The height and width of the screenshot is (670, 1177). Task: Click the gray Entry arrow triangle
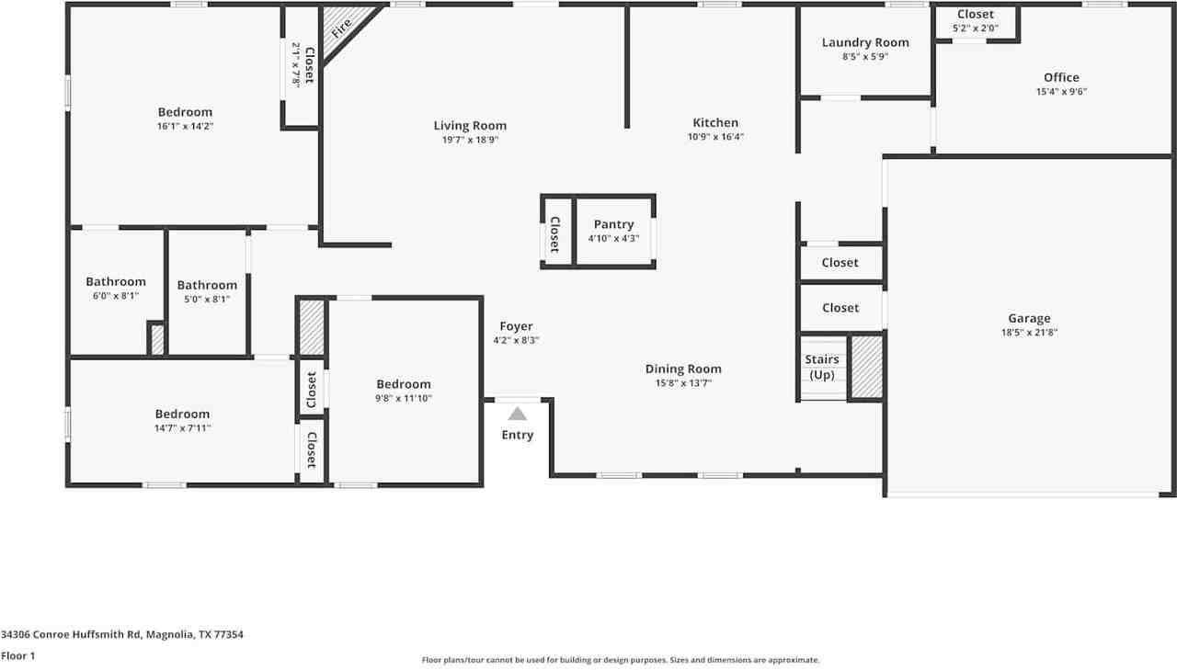pos(518,414)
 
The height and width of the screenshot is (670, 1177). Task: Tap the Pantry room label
pos(613,224)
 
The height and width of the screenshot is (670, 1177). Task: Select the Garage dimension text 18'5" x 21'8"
pos(1029,333)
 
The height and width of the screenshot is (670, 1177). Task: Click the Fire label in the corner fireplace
pos(341,28)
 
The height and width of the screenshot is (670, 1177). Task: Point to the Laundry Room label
pos(865,42)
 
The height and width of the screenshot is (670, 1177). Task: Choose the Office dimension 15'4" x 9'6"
pos(1061,91)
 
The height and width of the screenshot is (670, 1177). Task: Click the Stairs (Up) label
pos(822,367)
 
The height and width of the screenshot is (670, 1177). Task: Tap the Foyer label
pos(516,326)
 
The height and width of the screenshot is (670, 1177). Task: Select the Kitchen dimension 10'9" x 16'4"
pos(715,137)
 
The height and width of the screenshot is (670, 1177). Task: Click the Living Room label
pos(470,126)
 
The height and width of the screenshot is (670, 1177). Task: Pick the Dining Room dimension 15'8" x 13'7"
pos(683,383)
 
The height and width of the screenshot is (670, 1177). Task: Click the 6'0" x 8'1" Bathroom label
pos(116,282)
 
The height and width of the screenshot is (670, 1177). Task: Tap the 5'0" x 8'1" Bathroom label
pos(207,285)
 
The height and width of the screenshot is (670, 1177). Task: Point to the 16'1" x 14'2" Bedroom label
pos(185,112)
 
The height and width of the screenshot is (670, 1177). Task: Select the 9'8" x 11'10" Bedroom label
pos(404,384)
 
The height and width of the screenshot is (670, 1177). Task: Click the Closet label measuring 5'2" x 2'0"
pos(976,14)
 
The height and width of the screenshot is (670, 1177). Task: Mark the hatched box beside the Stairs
pos(866,367)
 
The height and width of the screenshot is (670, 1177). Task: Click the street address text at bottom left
pos(122,634)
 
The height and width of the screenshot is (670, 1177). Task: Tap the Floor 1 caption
pos(17,656)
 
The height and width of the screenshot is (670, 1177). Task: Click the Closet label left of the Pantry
pos(554,234)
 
